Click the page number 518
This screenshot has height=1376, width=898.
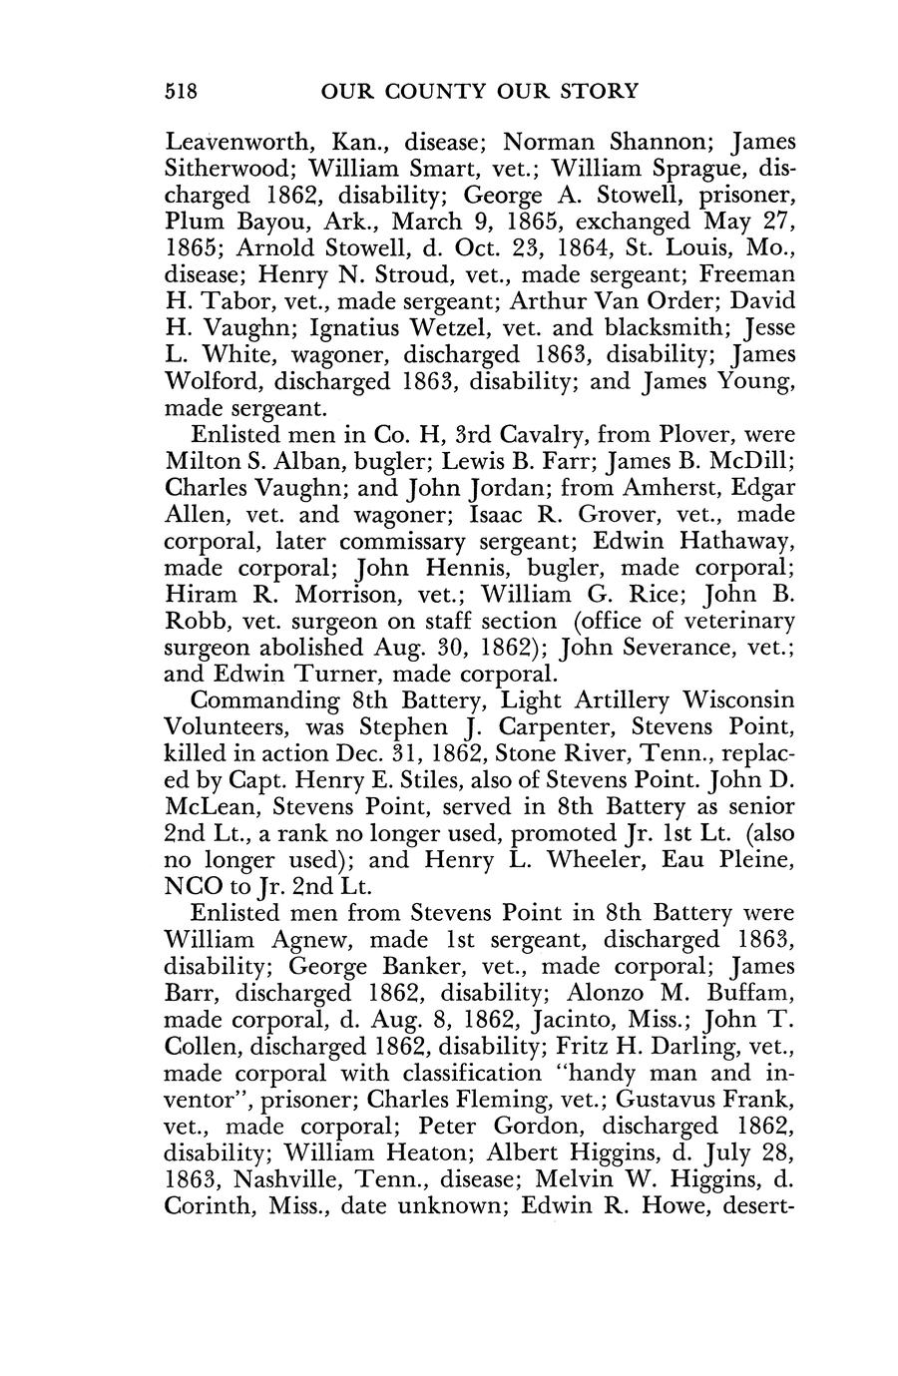(x=183, y=92)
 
